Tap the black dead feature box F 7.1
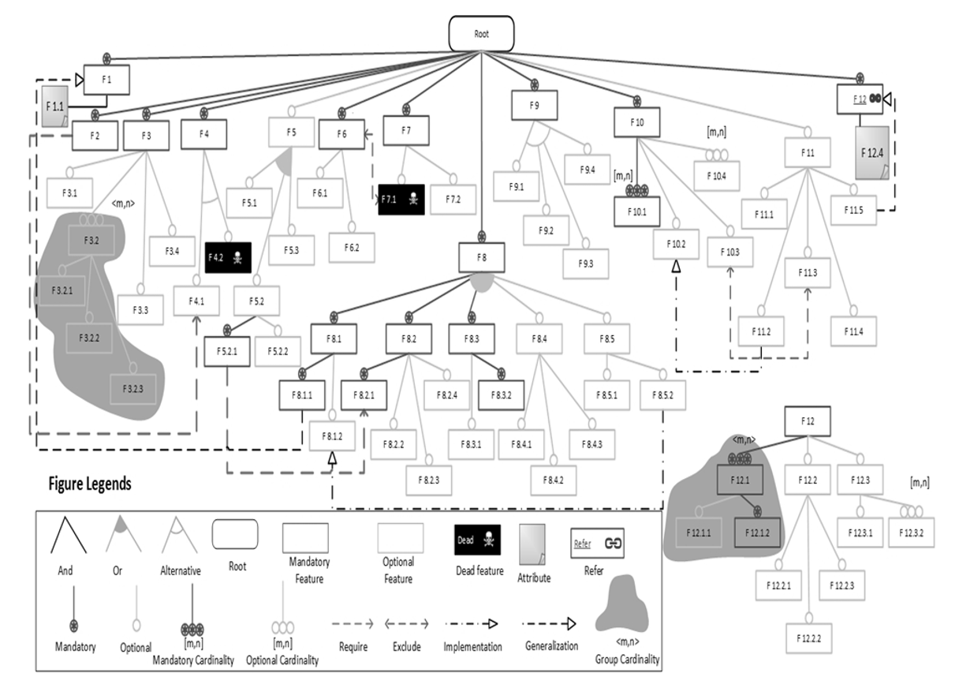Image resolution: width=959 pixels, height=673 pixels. [x=401, y=200]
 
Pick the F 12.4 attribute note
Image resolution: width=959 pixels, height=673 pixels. [x=871, y=151]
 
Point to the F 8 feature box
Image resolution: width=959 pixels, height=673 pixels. [x=482, y=257]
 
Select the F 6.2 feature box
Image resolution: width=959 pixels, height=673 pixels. [x=352, y=248]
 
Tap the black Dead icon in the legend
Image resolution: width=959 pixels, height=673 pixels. [x=477, y=541]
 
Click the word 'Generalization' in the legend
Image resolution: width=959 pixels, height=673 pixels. [x=552, y=646]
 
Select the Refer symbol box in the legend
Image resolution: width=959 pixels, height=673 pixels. [x=597, y=543]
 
